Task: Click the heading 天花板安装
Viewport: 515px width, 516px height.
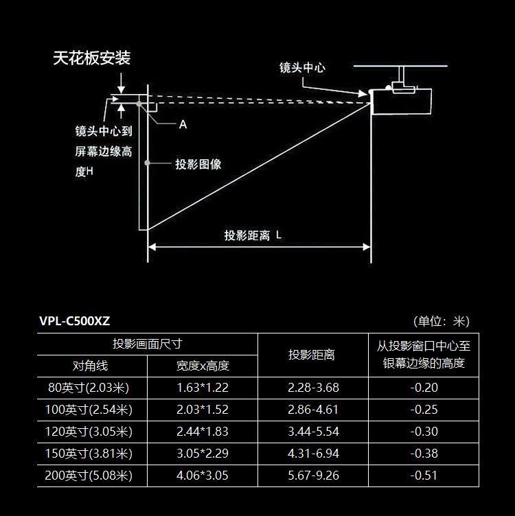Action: tap(92, 58)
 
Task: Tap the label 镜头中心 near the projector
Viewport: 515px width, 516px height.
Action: tap(302, 67)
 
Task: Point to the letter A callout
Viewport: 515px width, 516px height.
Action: tap(183, 124)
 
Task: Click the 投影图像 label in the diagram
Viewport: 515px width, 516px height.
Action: tap(198, 164)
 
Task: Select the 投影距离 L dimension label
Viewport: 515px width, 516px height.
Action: tap(253, 235)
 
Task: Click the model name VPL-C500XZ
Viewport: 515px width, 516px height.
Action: tap(75, 321)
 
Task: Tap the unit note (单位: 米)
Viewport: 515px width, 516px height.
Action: tap(442, 321)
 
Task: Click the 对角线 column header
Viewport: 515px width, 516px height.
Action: tap(90, 366)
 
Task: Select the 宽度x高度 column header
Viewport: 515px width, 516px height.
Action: tap(203, 366)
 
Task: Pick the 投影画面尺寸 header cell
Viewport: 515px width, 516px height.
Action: tap(147, 344)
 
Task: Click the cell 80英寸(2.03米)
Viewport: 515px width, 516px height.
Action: tap(89, 388)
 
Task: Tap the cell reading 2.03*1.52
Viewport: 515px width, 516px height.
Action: tap(203, 410)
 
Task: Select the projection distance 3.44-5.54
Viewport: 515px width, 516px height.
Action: tap(314, 432)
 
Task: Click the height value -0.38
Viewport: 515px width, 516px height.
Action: tap(424, 454)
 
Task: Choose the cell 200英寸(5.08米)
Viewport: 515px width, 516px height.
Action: tap(89, 476)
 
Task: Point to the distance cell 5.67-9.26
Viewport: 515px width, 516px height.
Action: tap(314, 476)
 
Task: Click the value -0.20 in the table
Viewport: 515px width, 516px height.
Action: tap(424, 388)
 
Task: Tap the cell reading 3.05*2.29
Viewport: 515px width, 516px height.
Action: tap(203, 454)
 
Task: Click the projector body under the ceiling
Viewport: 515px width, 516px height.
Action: tap(401, 102)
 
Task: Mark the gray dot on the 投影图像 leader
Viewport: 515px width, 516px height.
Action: tap(147, 163)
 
